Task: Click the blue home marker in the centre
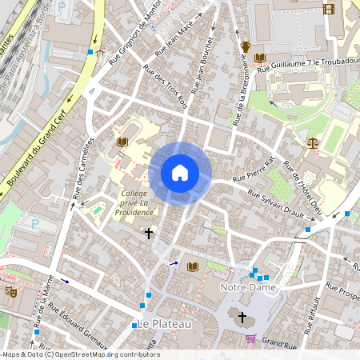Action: pos(180,173)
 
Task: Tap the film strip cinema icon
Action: pos(328,9)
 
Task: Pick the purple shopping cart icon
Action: pos(250,338)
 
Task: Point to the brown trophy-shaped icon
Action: pos(246,46)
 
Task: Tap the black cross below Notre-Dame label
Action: pos(242,317)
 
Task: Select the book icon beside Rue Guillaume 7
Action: pos(260,58)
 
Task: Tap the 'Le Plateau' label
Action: pos(164,324)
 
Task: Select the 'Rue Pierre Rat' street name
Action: pos(254,170)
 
